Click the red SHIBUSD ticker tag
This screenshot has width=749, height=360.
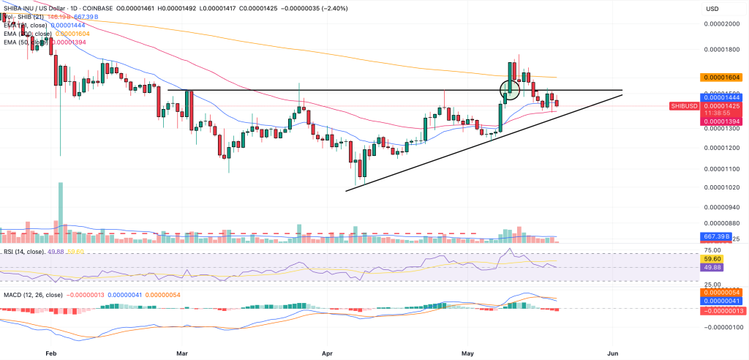tap(685, 106)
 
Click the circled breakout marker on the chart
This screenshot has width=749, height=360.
tap(510, 90)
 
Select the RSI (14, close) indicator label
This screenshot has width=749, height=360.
tap(23, 252)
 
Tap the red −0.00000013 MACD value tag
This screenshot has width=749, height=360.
tap(720, 310)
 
